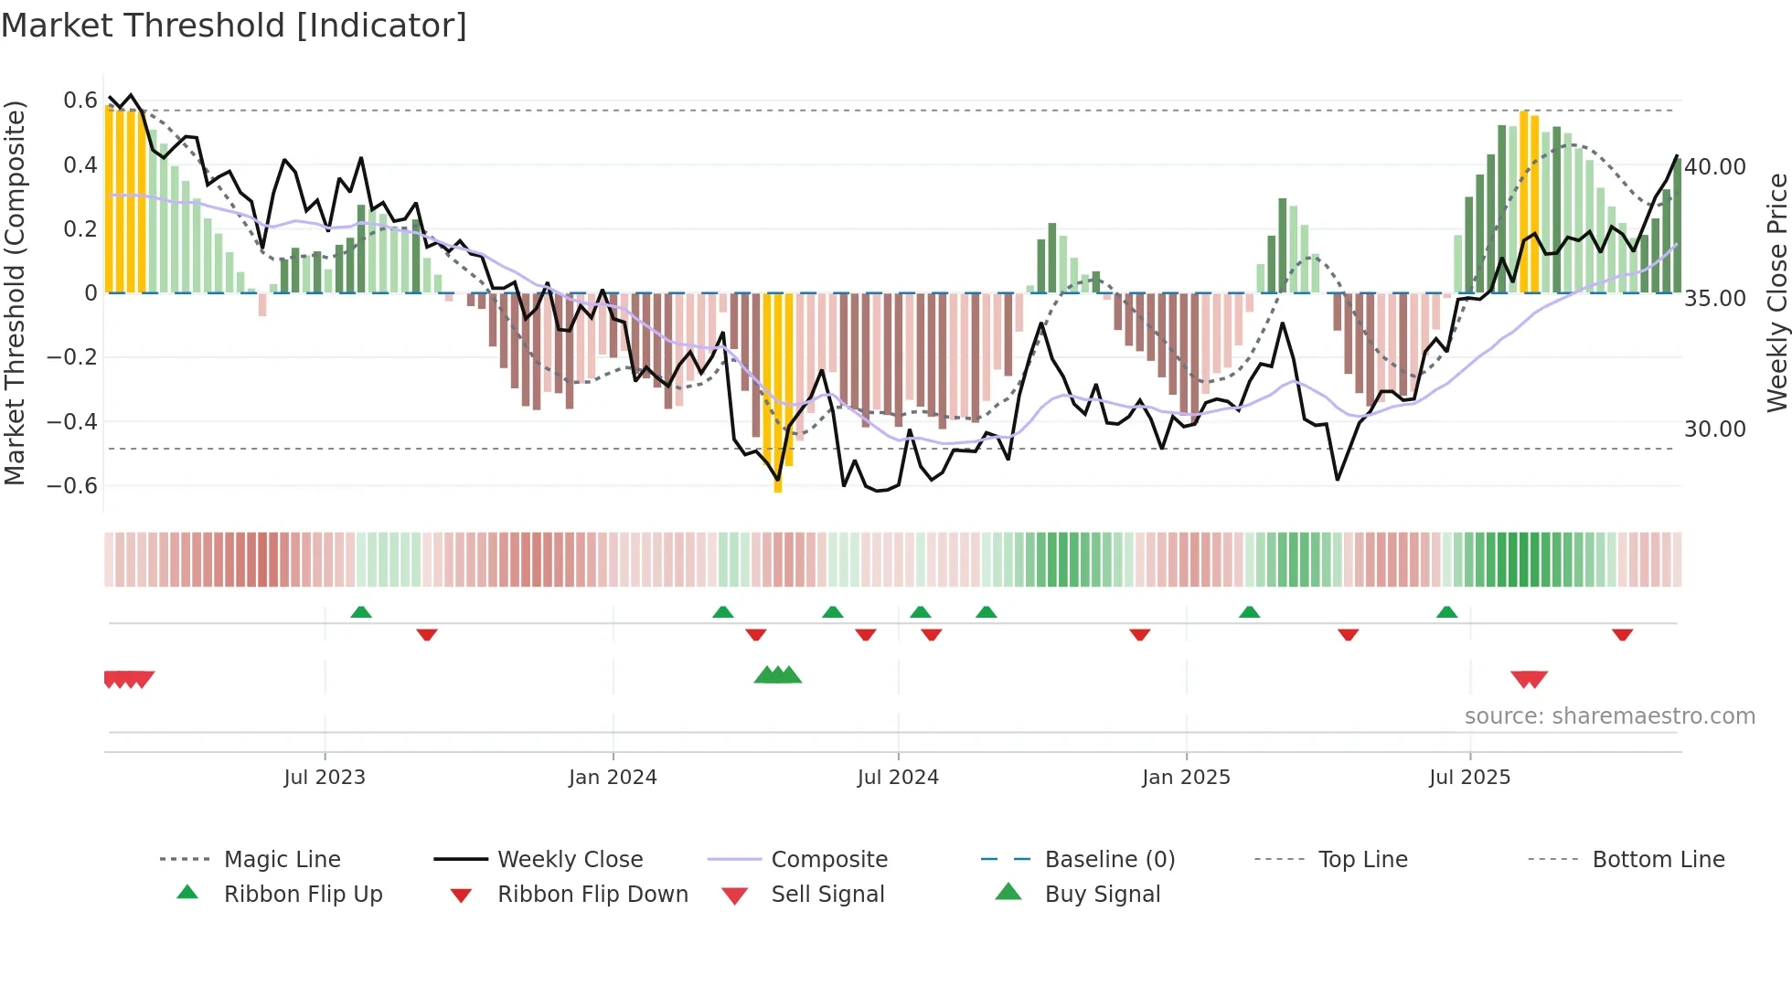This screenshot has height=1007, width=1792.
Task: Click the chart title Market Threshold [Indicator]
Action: coord(234,26)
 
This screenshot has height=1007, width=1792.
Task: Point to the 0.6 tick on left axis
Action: coord(80,101)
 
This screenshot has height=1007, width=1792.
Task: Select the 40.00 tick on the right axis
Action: coord(1715,167)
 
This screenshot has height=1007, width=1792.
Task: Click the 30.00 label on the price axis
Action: coord(1715,429)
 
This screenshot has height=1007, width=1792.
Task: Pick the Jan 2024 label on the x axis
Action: coord(613,778)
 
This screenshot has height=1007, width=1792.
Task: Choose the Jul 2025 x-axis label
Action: coord(1469,778)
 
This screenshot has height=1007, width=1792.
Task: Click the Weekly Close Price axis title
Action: coord(1776,292)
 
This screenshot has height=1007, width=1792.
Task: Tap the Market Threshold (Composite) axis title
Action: coord(15,292)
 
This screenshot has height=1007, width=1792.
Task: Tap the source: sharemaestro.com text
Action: coord(1609,716)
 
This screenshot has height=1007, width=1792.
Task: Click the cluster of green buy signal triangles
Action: coord(777,675)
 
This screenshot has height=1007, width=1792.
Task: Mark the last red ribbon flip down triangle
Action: coord(1622,634)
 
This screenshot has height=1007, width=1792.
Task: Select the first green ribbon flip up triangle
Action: coord(361,612)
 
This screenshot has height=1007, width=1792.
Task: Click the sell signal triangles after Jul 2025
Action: coord(1529,679)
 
